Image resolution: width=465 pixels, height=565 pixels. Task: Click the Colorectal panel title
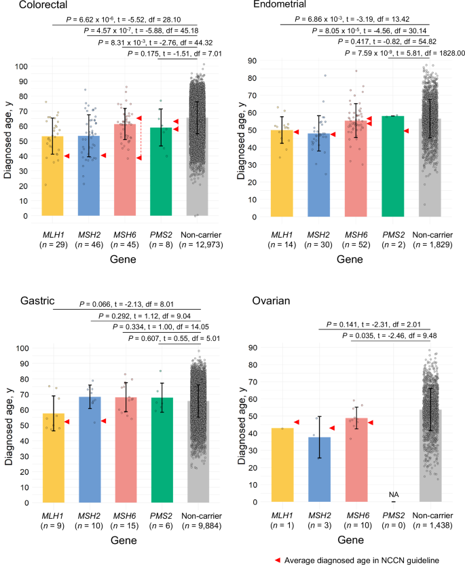[29, 5]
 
